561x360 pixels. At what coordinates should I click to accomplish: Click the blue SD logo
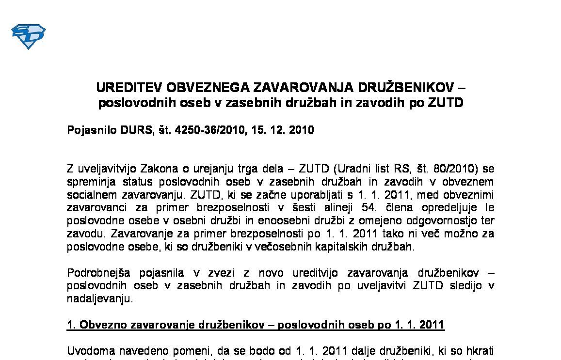point(28,37)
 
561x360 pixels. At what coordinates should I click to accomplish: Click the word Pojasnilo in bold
point(91,130)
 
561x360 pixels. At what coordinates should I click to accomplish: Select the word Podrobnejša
point(97,273)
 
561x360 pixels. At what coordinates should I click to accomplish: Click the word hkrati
point(480,351)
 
